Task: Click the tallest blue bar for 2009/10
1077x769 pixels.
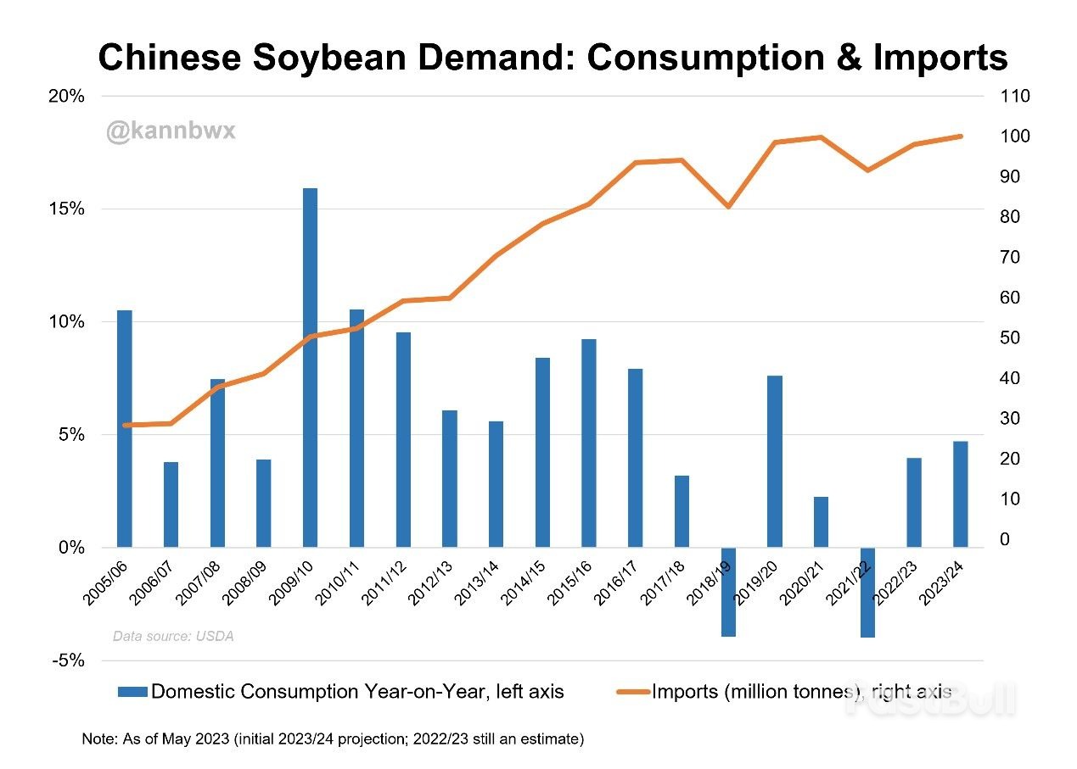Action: [x=311, y=367]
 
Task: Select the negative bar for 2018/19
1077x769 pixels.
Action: [x=728, y=592]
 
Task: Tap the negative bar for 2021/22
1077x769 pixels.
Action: [x=867, y=592]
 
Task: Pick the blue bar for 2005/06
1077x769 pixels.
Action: [x=125, y=428]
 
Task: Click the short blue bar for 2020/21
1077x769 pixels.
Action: [x=821, y=521]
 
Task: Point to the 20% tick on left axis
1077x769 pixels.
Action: [x=67, y=97]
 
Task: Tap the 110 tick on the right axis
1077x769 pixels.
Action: [x=1015, y=97]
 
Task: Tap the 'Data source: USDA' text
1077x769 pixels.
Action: [x=172, y=636]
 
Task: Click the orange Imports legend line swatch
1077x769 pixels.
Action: [x=633, y=692]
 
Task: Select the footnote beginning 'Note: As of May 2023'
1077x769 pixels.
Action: [x=333, y=739]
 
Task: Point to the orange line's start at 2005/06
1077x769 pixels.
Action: [x=126, y=425]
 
